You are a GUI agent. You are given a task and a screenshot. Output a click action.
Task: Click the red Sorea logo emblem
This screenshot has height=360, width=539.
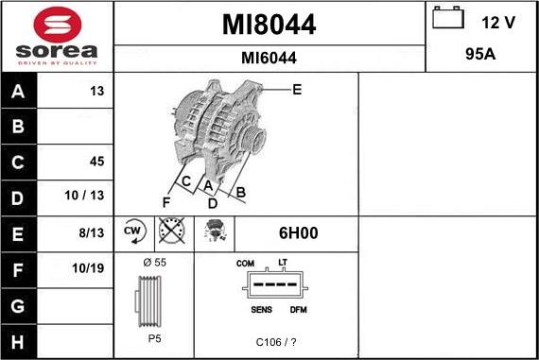click(58, 25)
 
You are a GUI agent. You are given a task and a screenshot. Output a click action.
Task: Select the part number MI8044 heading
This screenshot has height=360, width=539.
click(269, 25)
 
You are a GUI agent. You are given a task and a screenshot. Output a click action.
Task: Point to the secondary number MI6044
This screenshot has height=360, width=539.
click(269, 58)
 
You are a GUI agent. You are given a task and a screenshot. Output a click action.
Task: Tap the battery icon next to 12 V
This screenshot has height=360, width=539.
click(448, 18)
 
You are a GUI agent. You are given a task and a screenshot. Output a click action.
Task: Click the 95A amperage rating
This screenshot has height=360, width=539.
click(480, 54)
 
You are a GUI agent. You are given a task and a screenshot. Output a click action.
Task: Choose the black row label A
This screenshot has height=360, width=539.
click(18, 91)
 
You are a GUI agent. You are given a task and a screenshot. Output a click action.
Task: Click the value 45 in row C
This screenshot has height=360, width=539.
click(96, 162)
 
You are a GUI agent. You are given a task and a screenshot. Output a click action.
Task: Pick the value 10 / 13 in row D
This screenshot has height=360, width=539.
click(84, 195)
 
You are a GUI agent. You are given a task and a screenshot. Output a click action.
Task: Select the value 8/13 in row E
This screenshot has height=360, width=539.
click(91, 232)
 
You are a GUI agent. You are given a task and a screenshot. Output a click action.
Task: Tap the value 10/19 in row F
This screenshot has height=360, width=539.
click(88, 268)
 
